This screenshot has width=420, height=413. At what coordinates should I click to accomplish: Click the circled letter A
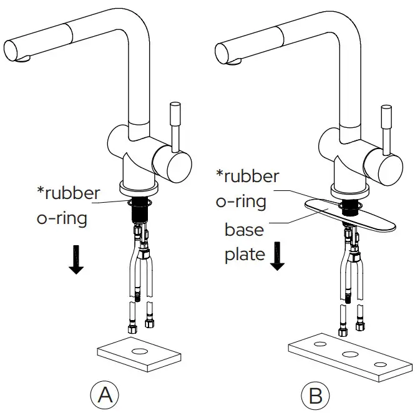tap(105, 394)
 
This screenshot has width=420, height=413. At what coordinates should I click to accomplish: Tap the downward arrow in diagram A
tap(76, 259)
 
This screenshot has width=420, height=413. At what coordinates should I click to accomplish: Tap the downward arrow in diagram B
tap(277, 256)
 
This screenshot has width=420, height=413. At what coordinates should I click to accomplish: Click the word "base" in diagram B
tap(244, 230)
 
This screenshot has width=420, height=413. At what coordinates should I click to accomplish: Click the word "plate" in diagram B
tap(245, 255)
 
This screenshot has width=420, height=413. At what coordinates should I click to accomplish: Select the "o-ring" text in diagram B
tap(241, 201)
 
